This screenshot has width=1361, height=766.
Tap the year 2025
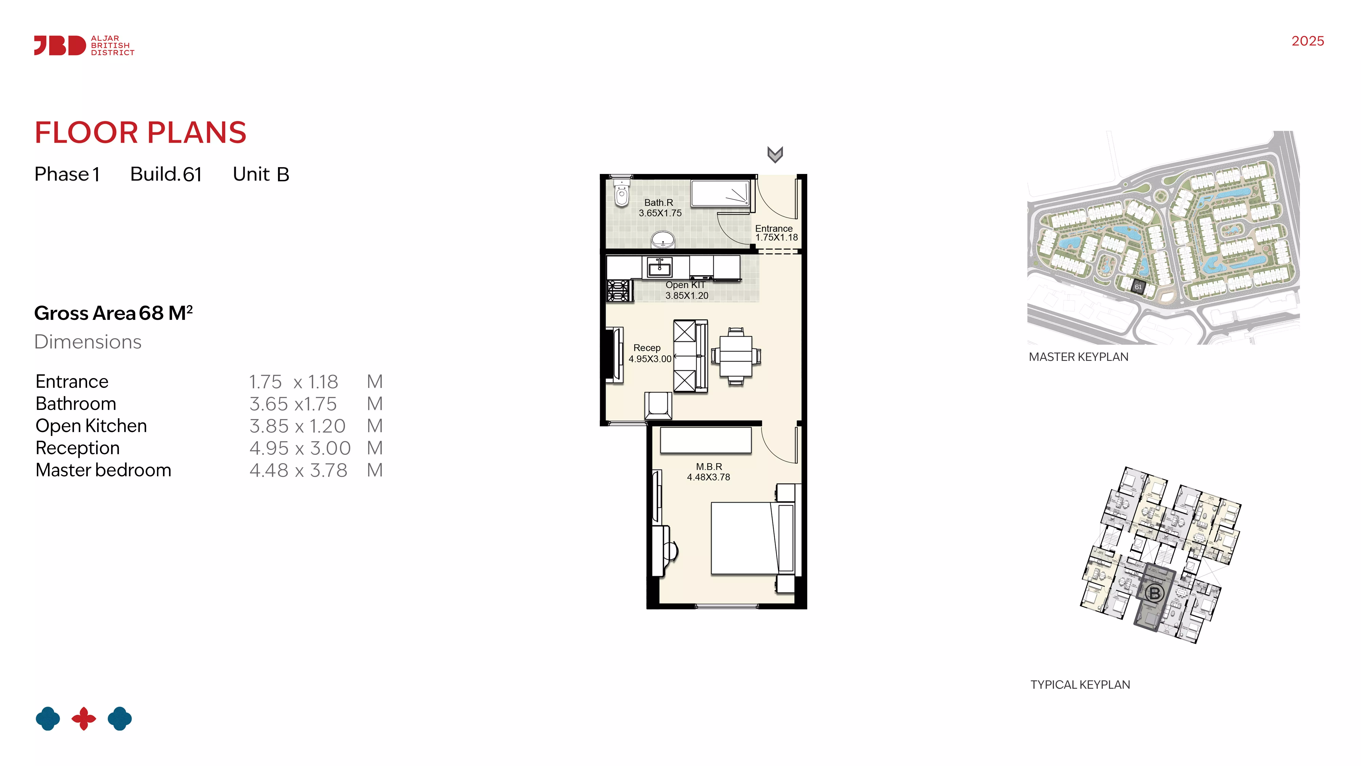point(1308,41)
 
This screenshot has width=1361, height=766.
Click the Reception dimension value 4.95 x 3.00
point(300,448)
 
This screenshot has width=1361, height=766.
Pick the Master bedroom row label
point(104,470)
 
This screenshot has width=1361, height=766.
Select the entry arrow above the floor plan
point(775,154)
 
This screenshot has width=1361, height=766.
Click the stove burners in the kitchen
point(619,291)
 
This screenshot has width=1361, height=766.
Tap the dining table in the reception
point(736,356)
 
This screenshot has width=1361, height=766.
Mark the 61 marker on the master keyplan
point(1138,286)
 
